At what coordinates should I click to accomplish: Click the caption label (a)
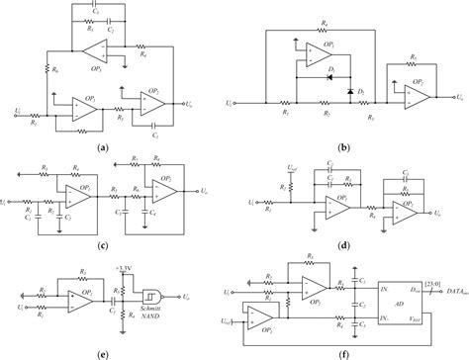[103, 146]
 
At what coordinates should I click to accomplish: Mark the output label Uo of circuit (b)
[458, 98]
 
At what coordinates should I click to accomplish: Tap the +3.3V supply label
[123, 268]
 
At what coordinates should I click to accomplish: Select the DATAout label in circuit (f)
[450, 294]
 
